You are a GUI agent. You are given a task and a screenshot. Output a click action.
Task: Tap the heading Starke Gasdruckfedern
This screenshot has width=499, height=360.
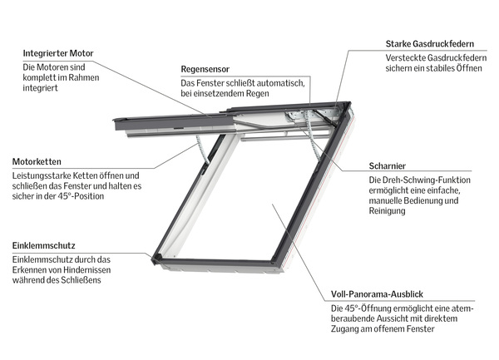pyautogui.click(x=430, y=43)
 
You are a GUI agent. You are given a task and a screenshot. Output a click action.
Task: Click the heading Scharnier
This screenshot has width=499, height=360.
pyautogui.click(x=388, y=165)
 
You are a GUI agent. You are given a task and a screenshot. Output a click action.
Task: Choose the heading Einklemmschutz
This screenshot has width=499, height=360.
pyautogui.click(x=43, y=246)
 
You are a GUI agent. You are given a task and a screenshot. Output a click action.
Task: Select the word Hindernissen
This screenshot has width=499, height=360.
pyautogui.click(x=101, y=271)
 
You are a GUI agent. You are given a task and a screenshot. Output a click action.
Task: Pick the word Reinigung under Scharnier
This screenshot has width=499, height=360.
pyautogui.click(x=388, y=212)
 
